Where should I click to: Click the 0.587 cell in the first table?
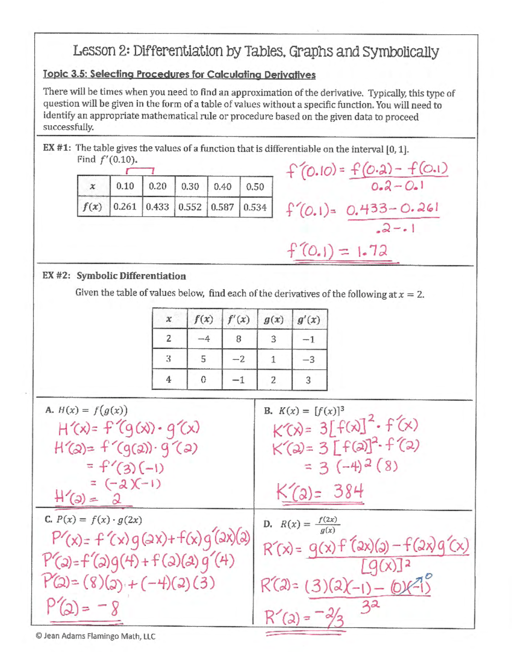pos(223,207)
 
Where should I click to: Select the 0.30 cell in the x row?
pos(190,186)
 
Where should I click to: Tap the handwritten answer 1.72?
pos(372,251)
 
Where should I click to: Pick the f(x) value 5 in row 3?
pos(204,359)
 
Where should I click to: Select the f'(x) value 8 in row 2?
pos(239,339)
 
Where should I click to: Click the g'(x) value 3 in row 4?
pos(308,380)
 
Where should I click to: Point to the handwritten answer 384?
pos(348,492)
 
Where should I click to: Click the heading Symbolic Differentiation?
pos(131,276)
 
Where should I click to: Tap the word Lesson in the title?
pos(94,51)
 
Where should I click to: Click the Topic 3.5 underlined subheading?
pos(179,75)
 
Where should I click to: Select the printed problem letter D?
pos(268,524)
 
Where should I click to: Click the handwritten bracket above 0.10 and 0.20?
pos(140,170)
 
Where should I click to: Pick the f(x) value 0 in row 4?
pos(204,380)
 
